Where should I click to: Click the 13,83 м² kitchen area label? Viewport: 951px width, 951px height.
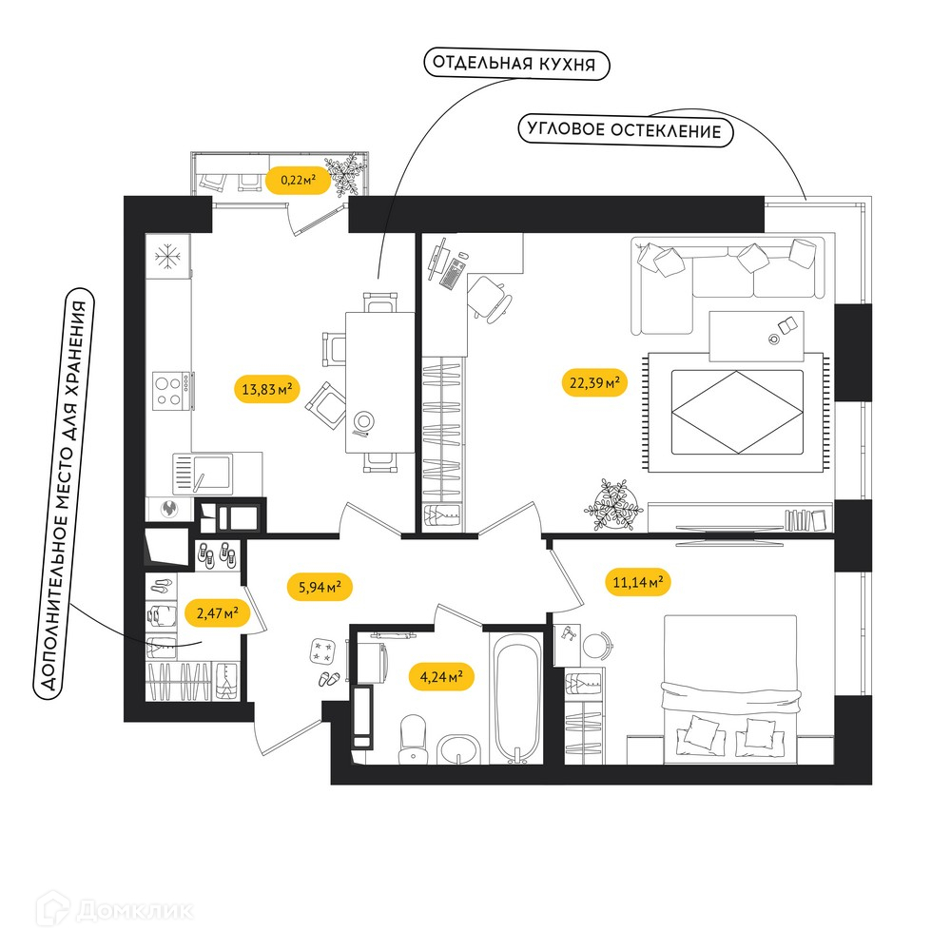coord(267,389)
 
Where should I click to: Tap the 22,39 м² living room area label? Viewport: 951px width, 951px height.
coord(594,382)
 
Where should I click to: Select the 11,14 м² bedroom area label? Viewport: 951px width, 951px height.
coord(637,582)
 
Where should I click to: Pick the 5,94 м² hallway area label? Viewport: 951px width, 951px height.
coord(320,587)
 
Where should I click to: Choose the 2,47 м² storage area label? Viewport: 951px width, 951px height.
coord(217,613)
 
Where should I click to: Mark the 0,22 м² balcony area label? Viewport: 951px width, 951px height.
coord(298,180)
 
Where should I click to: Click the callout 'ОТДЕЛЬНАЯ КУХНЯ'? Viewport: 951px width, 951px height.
coord(516,64)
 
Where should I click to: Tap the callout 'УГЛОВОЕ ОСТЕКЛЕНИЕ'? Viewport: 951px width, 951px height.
coord(626,130)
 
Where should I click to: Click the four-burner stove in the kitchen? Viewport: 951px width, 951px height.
coord(171,391)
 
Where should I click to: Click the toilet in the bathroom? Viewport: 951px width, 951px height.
coord(413,739)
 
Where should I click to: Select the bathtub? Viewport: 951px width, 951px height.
coord(516,698)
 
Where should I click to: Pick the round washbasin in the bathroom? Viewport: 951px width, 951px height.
coord(458,749)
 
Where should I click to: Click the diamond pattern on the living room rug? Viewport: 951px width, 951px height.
coord(737,412)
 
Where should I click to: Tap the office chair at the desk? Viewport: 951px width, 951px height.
coord(488,299)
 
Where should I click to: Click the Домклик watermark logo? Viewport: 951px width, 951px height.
coord(114,910)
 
